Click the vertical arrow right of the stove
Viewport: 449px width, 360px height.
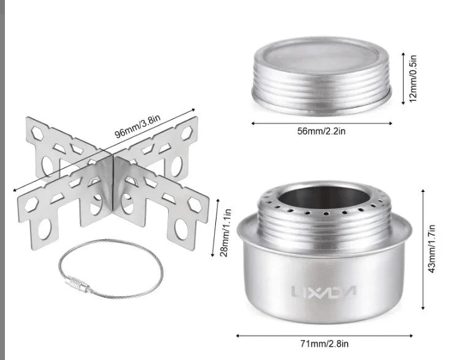(x=423, y=248)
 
